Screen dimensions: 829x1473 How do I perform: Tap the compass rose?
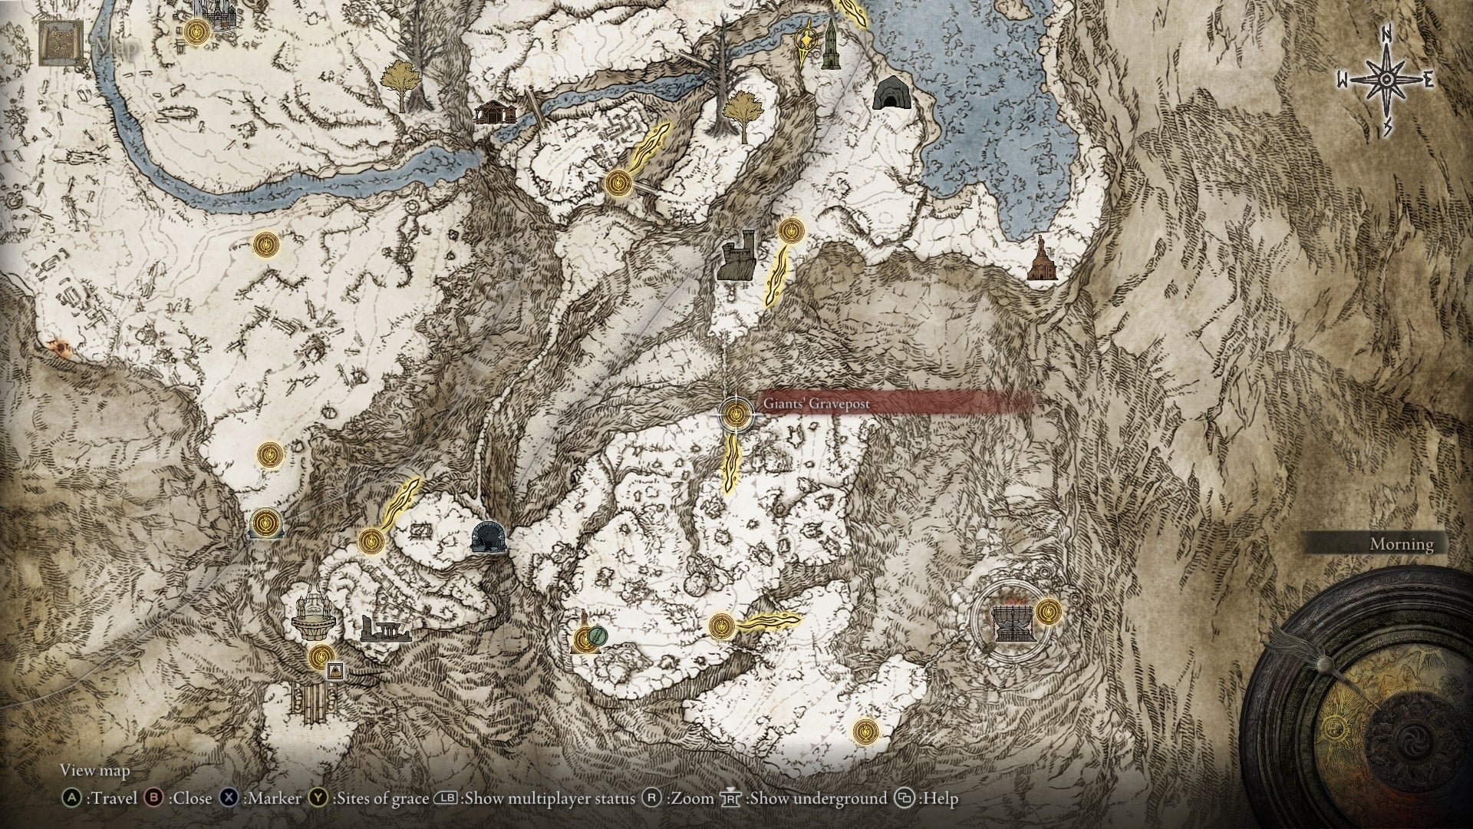point(1386,80)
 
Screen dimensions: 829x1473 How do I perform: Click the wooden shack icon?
point(494,112)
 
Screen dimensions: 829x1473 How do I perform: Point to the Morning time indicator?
point(1401,544)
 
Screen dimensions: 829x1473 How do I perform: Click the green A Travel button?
point(71,798)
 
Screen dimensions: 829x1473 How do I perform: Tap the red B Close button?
point(154,798)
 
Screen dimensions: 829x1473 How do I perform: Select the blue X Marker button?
point(229,798)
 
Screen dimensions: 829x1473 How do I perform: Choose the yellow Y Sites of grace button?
point(318,798)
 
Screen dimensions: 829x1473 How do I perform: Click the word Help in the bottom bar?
point(941,799)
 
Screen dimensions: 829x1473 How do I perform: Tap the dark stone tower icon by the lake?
point(829,45)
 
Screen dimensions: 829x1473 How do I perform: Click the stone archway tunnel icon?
point(488,537)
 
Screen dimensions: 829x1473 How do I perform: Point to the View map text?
point(95,770)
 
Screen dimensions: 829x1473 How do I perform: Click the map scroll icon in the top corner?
point(61,43)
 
